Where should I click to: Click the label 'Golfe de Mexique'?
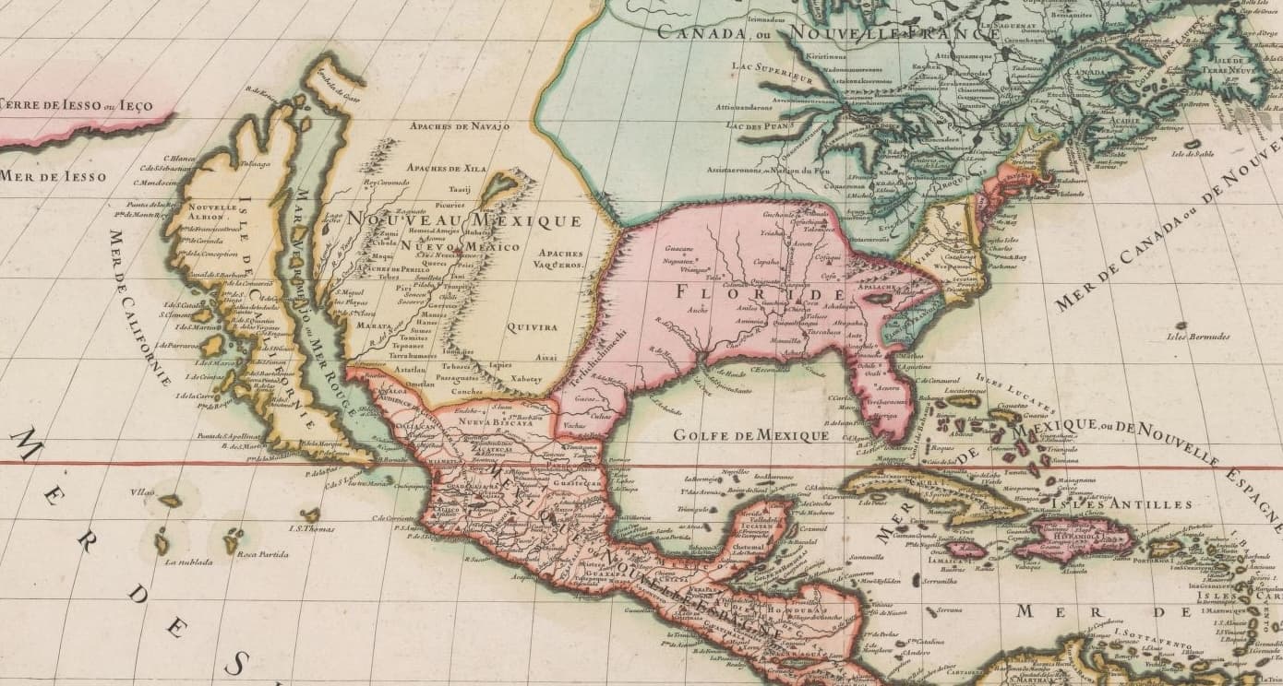coord(750,434)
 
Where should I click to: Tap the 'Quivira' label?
coord(533,326)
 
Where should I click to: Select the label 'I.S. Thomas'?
coord(311,528)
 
